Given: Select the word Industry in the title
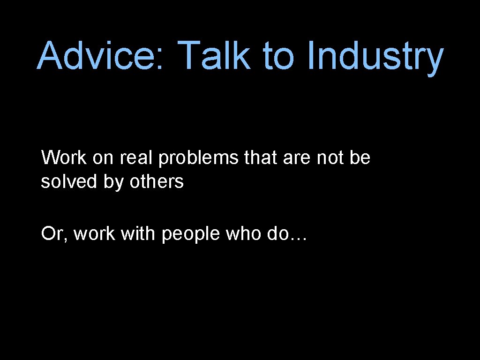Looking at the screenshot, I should pos(375,57).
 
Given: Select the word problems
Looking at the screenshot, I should pos(199,159).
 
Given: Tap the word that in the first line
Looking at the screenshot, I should pos(261,158).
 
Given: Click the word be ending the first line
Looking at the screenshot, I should pos(360,158).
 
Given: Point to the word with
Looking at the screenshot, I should pos(137,233).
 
